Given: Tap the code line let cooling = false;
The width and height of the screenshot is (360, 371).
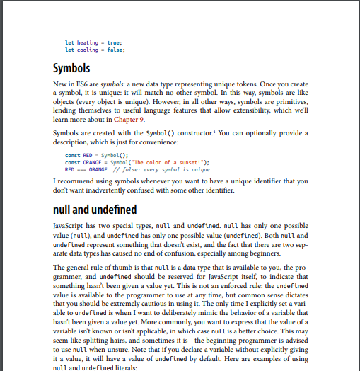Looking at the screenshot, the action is pyautogui.click(x=90, y=51).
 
